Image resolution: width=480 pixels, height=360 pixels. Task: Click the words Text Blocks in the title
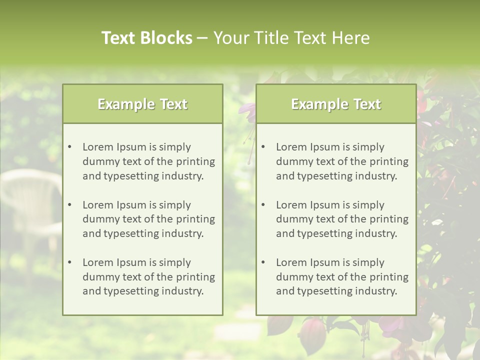pos(146,38)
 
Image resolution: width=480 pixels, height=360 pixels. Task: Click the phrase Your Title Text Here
pos(291,38)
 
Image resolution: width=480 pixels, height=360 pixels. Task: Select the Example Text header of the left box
pos(142,104)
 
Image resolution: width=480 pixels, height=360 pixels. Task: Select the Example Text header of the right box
pos(336,104)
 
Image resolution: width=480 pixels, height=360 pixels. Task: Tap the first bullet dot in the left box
pos(70,147)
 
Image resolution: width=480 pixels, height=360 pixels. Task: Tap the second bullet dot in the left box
pos(70,205)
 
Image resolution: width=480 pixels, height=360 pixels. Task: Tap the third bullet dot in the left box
pos(70,262)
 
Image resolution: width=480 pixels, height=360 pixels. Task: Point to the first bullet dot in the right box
pos(263,147)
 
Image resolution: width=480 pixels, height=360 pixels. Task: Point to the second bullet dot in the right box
pos(263,205)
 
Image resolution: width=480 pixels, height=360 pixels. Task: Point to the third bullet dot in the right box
pos(263,262)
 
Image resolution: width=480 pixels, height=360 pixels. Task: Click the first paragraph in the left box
pos(148,161)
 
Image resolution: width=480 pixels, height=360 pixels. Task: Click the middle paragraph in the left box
pos(148,219)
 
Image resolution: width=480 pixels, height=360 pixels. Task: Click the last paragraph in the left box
pos(148,277)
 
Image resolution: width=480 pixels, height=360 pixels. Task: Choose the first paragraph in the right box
pos(342,161)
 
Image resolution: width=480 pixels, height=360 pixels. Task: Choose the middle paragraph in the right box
pos(342,219)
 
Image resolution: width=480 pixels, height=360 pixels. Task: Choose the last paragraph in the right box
pos(342,277)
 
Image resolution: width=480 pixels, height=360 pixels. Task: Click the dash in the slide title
pos(202,38)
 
